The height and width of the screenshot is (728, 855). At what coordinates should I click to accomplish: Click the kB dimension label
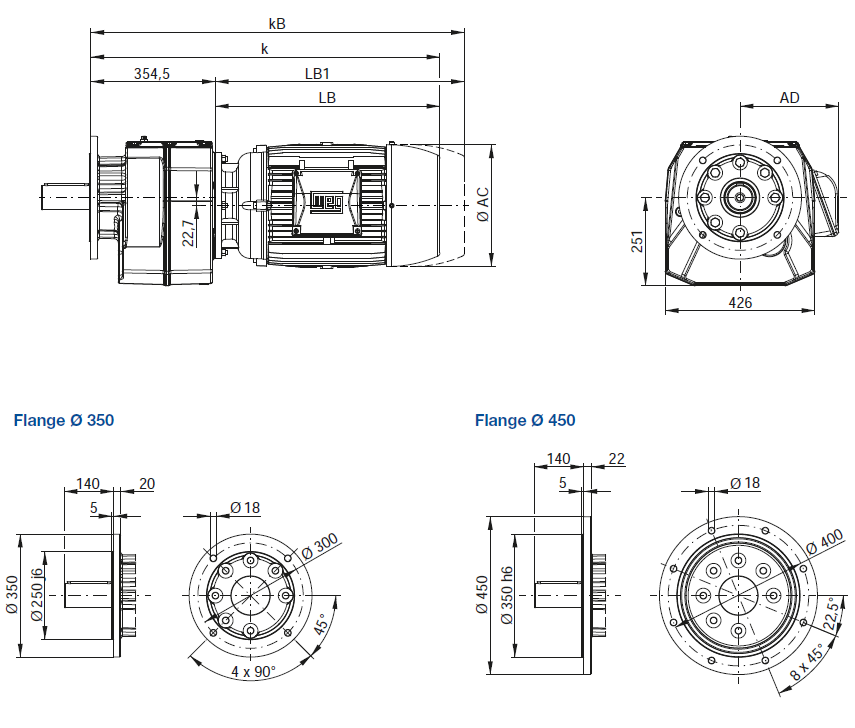pos(277,24)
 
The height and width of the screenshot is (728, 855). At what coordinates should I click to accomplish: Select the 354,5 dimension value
pos(152,74)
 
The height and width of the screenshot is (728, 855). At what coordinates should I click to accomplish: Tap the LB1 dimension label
pos(317,74)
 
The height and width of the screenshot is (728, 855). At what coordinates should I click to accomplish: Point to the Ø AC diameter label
pos(483,205)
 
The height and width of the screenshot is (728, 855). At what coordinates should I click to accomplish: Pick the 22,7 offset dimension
pos(188,233)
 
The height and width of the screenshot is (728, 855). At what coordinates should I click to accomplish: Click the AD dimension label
pos(789,98)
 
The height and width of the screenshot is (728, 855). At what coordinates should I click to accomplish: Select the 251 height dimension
pos(637,242)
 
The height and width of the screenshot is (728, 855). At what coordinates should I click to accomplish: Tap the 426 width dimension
pos(740,303)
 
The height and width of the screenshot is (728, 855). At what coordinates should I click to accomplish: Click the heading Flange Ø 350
pos(64,420)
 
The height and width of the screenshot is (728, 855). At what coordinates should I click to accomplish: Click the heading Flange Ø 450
pos(525,420)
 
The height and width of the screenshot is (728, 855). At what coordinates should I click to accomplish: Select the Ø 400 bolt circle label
pos(824,542)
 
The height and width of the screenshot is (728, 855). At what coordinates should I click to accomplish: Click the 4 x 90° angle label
pos(254,671)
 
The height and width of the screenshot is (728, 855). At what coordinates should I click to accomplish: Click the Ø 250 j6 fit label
pos(37,595)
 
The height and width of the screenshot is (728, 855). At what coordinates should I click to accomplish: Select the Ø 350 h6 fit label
pos(507,595)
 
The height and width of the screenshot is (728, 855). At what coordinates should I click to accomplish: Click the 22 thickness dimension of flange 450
pos(616,459)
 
